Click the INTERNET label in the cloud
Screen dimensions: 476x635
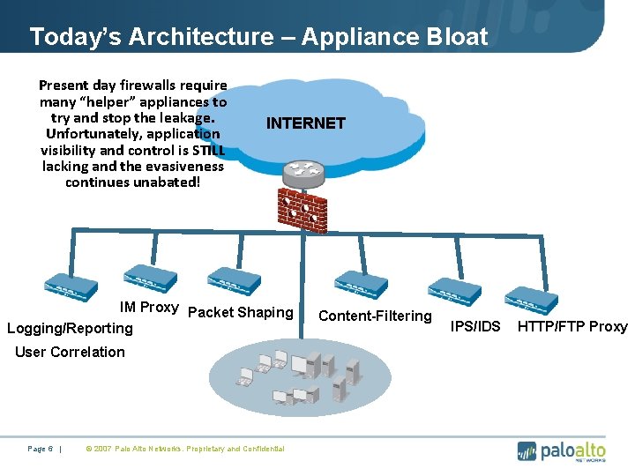point(305,123)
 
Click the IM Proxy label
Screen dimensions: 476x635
point(149,308)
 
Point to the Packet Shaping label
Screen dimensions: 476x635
point(241,312)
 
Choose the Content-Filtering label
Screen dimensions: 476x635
point(375,316)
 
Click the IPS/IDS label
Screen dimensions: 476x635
point(475,326)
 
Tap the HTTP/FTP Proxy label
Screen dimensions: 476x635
point(572,326)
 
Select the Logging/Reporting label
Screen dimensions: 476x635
point(70,328)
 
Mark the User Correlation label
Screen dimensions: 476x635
point(71,352)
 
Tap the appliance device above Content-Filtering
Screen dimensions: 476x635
point(361,282)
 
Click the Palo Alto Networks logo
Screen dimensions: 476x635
point(562,450)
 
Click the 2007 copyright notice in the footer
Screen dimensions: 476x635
point(184,449)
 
